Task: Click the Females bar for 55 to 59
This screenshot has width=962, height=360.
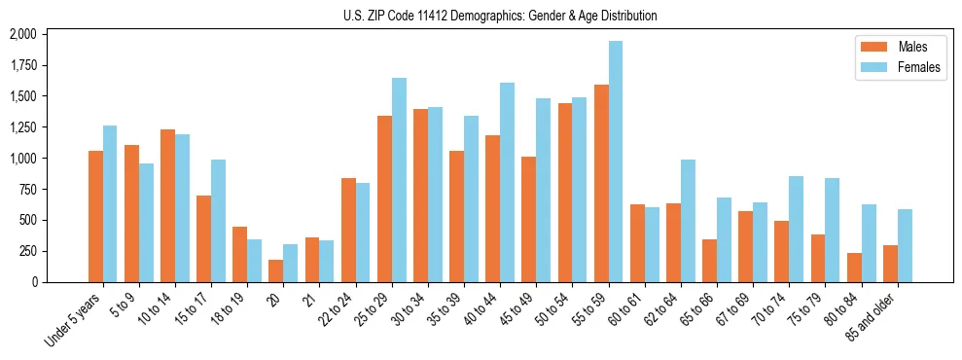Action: click(616, 162)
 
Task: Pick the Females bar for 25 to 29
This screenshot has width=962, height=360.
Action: click(399, 180)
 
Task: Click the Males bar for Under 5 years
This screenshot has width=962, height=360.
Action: click(95, 216)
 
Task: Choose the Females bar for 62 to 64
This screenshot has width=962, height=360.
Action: click(688, 221)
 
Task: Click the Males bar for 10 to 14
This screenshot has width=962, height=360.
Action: click(167, 205)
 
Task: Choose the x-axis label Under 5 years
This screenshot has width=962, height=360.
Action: click(77, 318)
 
